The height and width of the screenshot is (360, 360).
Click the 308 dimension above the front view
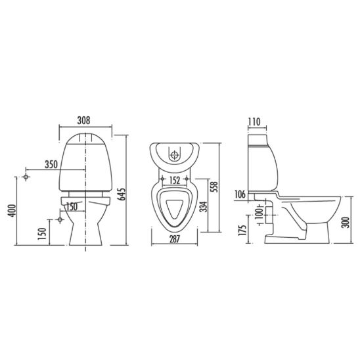[83, 120]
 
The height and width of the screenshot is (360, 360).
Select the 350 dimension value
[51, 164]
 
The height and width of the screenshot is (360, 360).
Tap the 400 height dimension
[12, 210]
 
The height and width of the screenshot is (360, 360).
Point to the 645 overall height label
[122, 194]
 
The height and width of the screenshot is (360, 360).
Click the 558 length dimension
[214, 187]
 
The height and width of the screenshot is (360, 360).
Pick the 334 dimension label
[204, 207]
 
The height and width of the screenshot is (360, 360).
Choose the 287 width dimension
[175, 239]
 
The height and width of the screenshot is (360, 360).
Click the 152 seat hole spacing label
[175, 181]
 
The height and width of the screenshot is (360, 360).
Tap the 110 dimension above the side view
[254, 122]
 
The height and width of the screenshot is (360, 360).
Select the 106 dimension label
[240, 194]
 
